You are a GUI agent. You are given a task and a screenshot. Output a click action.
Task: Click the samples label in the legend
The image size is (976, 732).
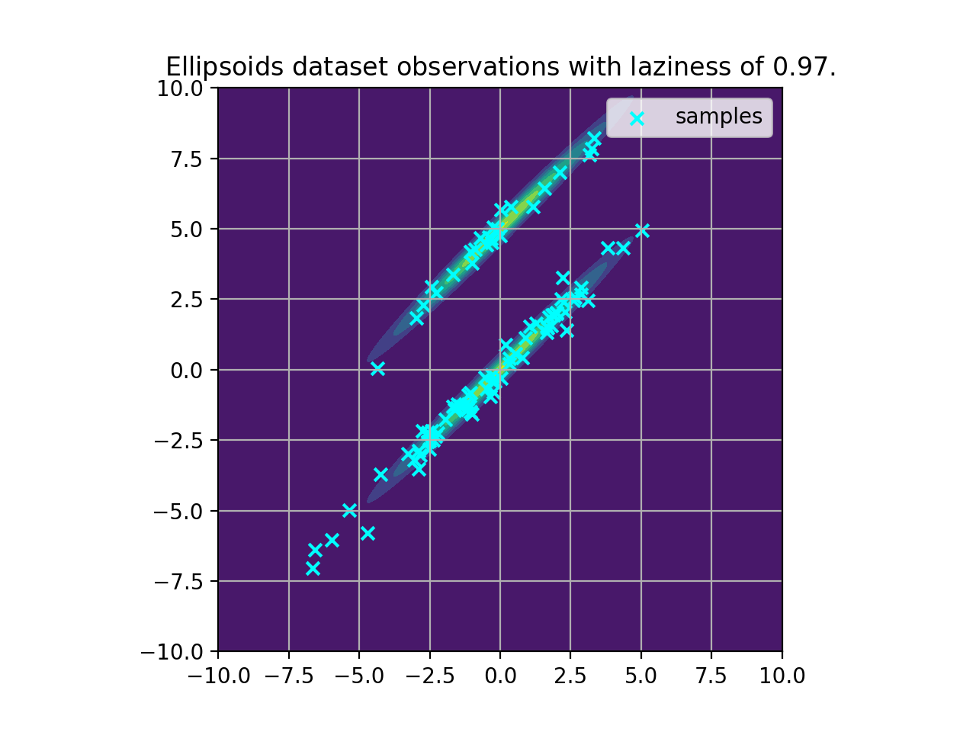[718, 117]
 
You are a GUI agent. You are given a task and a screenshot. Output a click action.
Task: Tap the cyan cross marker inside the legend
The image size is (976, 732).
[637, 118]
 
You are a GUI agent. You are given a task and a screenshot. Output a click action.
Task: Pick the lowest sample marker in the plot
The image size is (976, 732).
[313, 568]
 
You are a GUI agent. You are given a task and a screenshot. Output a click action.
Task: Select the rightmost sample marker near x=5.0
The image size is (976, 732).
[642, 230]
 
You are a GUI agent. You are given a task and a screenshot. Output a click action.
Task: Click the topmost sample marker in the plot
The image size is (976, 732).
[595, 138]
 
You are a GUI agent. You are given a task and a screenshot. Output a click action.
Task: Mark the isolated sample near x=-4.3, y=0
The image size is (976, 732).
[377, 368]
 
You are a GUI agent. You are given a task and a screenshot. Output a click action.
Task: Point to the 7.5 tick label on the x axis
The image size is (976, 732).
[711, 676]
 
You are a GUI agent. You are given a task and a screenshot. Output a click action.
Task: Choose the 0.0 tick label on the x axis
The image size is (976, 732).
[499, 676]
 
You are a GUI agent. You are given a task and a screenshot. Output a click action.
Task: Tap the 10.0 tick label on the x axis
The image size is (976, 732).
[782, 676]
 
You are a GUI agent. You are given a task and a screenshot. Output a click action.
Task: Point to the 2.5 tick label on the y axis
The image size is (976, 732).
[187, 300]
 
